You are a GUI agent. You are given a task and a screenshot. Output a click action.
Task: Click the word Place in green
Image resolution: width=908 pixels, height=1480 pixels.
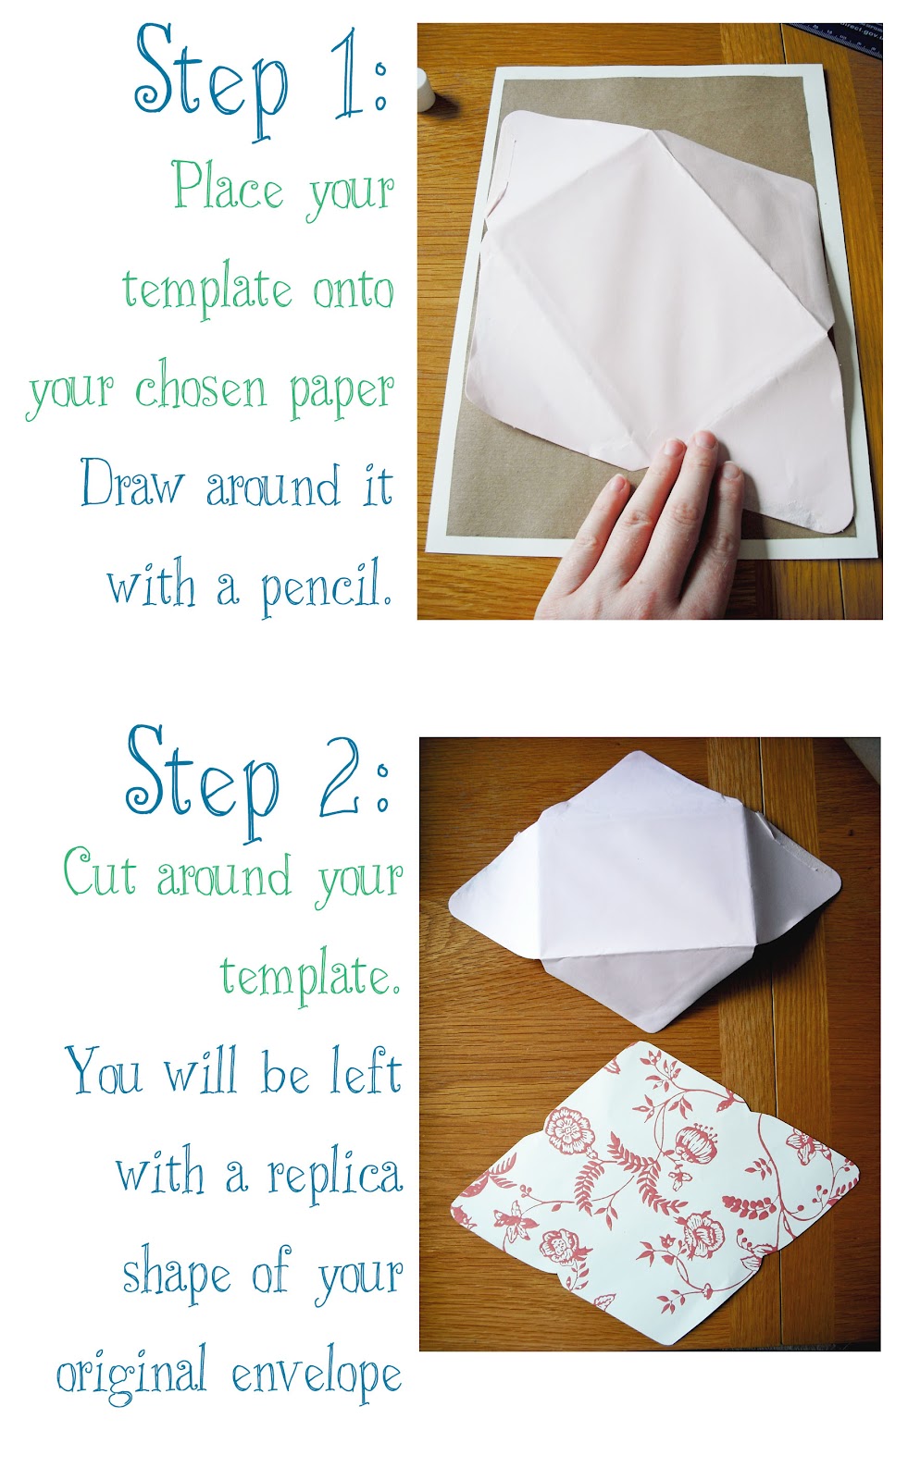(x=228, y=187)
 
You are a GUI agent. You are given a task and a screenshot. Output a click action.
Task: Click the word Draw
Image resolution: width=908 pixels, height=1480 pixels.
(x=131, y=486)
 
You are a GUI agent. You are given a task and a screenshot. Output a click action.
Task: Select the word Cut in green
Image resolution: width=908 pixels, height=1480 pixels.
(x=99, y=874)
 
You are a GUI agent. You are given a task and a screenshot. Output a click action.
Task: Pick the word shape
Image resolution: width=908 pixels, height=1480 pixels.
(x=177, y=1276)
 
